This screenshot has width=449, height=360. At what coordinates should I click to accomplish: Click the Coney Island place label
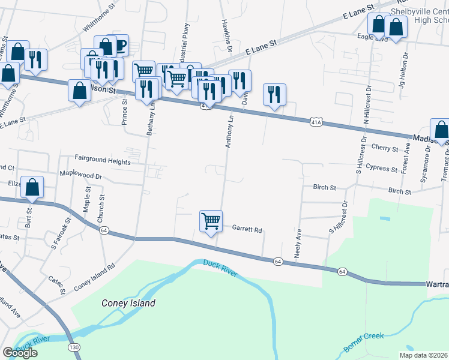(x=128, y=303)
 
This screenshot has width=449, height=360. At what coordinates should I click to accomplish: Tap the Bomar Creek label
(x=363, y=341)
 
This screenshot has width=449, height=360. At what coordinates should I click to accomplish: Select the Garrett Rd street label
(x=247, y=229)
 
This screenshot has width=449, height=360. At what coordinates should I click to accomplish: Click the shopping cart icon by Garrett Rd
(x=211, y=221)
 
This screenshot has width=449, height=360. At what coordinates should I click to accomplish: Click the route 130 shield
(x=73, y=347)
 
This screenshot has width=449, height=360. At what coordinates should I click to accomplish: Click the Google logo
(x=20, y=353)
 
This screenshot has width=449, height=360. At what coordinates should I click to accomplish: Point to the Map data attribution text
(x=424, y=355)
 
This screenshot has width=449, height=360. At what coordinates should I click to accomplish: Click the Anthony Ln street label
(x=229, y=133)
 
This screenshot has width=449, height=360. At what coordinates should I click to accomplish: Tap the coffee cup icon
(x=119, y=45)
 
